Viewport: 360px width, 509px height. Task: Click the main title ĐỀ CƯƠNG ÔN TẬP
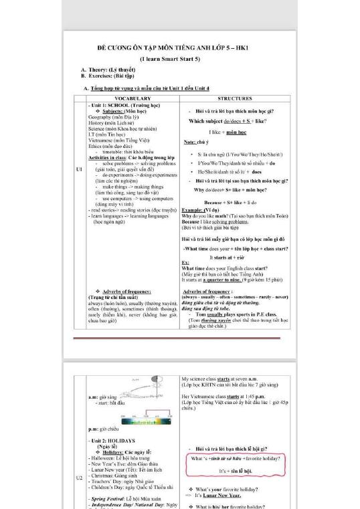[x=179, y=49]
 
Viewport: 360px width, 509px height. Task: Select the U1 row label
[x=79, y=169]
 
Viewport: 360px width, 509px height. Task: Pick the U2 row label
[x=79, y=478]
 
